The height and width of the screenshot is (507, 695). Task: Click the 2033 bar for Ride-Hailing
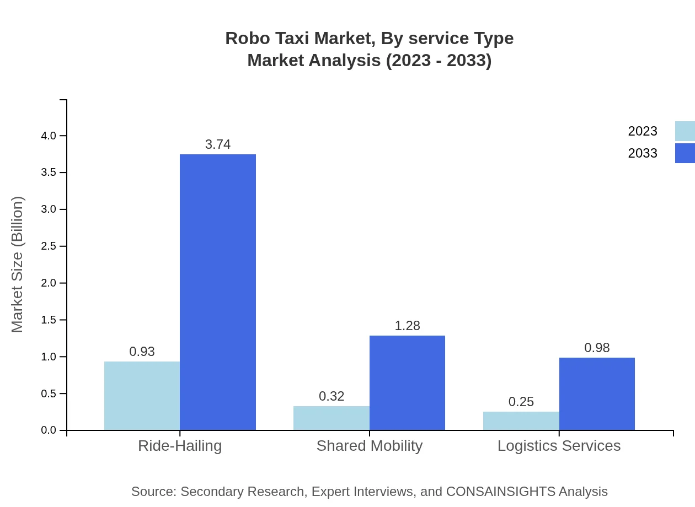click(x=218, y=292)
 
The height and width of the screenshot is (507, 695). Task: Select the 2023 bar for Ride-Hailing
click(x=142, y=396)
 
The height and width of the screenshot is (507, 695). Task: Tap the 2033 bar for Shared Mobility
click(x=407, y=382)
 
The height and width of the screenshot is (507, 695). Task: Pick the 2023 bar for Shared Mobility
click(x=331, y=418)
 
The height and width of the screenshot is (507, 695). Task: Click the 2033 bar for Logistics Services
click(x=597, y=393)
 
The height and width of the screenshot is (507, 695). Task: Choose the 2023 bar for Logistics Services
click(x=521, y=420)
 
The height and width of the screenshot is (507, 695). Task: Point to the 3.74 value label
click(x=218, y=144)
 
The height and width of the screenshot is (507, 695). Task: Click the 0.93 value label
click(x=142, y=352)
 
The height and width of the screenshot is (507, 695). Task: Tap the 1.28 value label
click(x=407, y=326)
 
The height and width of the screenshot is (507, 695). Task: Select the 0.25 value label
click(x=521, y=402)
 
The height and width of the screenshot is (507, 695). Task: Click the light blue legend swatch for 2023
click(x=685, y=131)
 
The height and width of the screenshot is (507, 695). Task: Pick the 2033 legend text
click(x=643, y=153)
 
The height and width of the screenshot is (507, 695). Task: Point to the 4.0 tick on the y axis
click(x=49, y=136)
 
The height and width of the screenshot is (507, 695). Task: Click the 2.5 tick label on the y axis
click(x=49, y=246)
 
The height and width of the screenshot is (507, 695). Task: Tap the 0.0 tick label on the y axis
click(x=49, y=430)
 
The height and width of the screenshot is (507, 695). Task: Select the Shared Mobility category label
click(x=370, y=445)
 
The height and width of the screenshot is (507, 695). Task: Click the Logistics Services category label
click(x=559, y=445)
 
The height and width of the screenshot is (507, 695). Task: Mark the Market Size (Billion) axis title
click(x=18, y=265)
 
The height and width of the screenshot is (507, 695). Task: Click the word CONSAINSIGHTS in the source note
click(x=500, y=491)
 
